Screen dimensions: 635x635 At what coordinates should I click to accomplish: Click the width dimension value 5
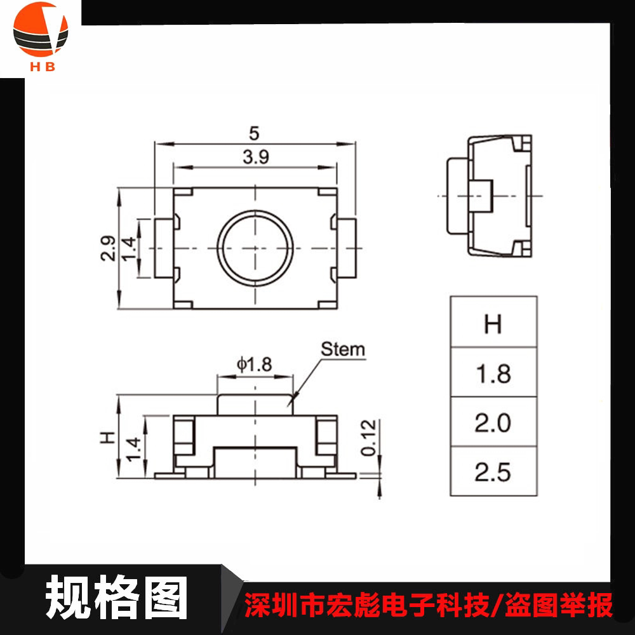[x=255, y=133]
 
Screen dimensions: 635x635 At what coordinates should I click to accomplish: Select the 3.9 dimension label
[x=255, y=157]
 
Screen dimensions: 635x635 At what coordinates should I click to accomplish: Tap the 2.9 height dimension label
[x=107, y=248]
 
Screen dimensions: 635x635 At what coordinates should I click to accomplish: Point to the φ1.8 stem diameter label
[x=254, y=364]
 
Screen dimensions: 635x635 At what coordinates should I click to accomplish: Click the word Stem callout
[x=343, y=349]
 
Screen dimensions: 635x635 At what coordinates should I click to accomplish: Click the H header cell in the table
[x=493, y=324]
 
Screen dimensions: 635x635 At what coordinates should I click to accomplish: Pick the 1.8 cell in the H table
[x=493, y=373]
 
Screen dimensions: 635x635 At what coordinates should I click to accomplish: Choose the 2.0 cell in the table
[x=493, y=423]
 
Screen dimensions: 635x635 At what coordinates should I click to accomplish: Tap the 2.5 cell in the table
[x=493, y=472]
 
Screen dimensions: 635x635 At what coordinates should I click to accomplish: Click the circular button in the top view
[x=255, y=247]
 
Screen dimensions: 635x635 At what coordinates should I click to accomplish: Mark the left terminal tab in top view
[x=164, y=247]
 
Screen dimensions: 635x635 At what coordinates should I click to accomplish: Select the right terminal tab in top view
[x=347, y=247]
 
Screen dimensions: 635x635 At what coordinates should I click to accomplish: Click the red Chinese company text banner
[x=429, y=603]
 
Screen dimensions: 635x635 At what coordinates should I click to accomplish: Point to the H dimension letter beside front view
[x=107, y=438]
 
